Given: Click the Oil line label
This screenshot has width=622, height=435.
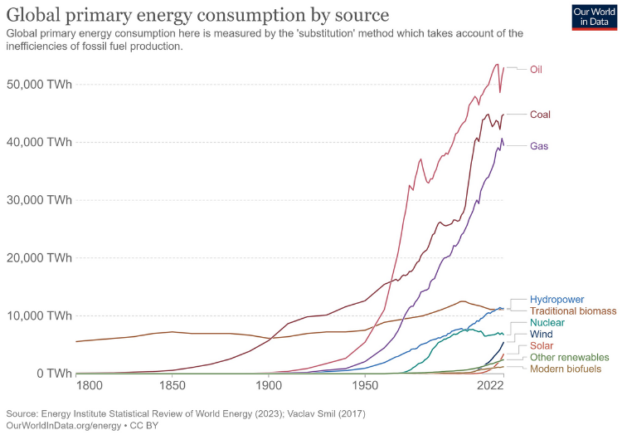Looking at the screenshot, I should pyautogui.click(x=536, y=69).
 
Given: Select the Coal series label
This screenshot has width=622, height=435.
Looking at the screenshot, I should pyautogui.click(x=539, y=115).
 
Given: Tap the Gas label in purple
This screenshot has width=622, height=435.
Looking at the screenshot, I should pyautogui.click(x=537, y=146).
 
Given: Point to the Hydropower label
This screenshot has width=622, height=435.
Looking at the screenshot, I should pyautogui.click(x=556, y=299).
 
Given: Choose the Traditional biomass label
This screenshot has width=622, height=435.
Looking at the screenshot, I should pyautogui.click(x=573, y=311).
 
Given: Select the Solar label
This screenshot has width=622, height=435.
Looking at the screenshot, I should pyautogui.click(x=542, y=345).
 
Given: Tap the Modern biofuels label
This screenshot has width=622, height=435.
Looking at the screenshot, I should pyautogui.click(x=565, y=368).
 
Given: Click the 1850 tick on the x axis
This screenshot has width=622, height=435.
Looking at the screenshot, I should pyautogui.click(x=172, y=387).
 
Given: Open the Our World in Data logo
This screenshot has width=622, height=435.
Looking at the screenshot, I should pyautogui.click(x=594, y=17).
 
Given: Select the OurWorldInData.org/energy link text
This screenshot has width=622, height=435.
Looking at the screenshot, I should pyautogui.click(x=62, y=424).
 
